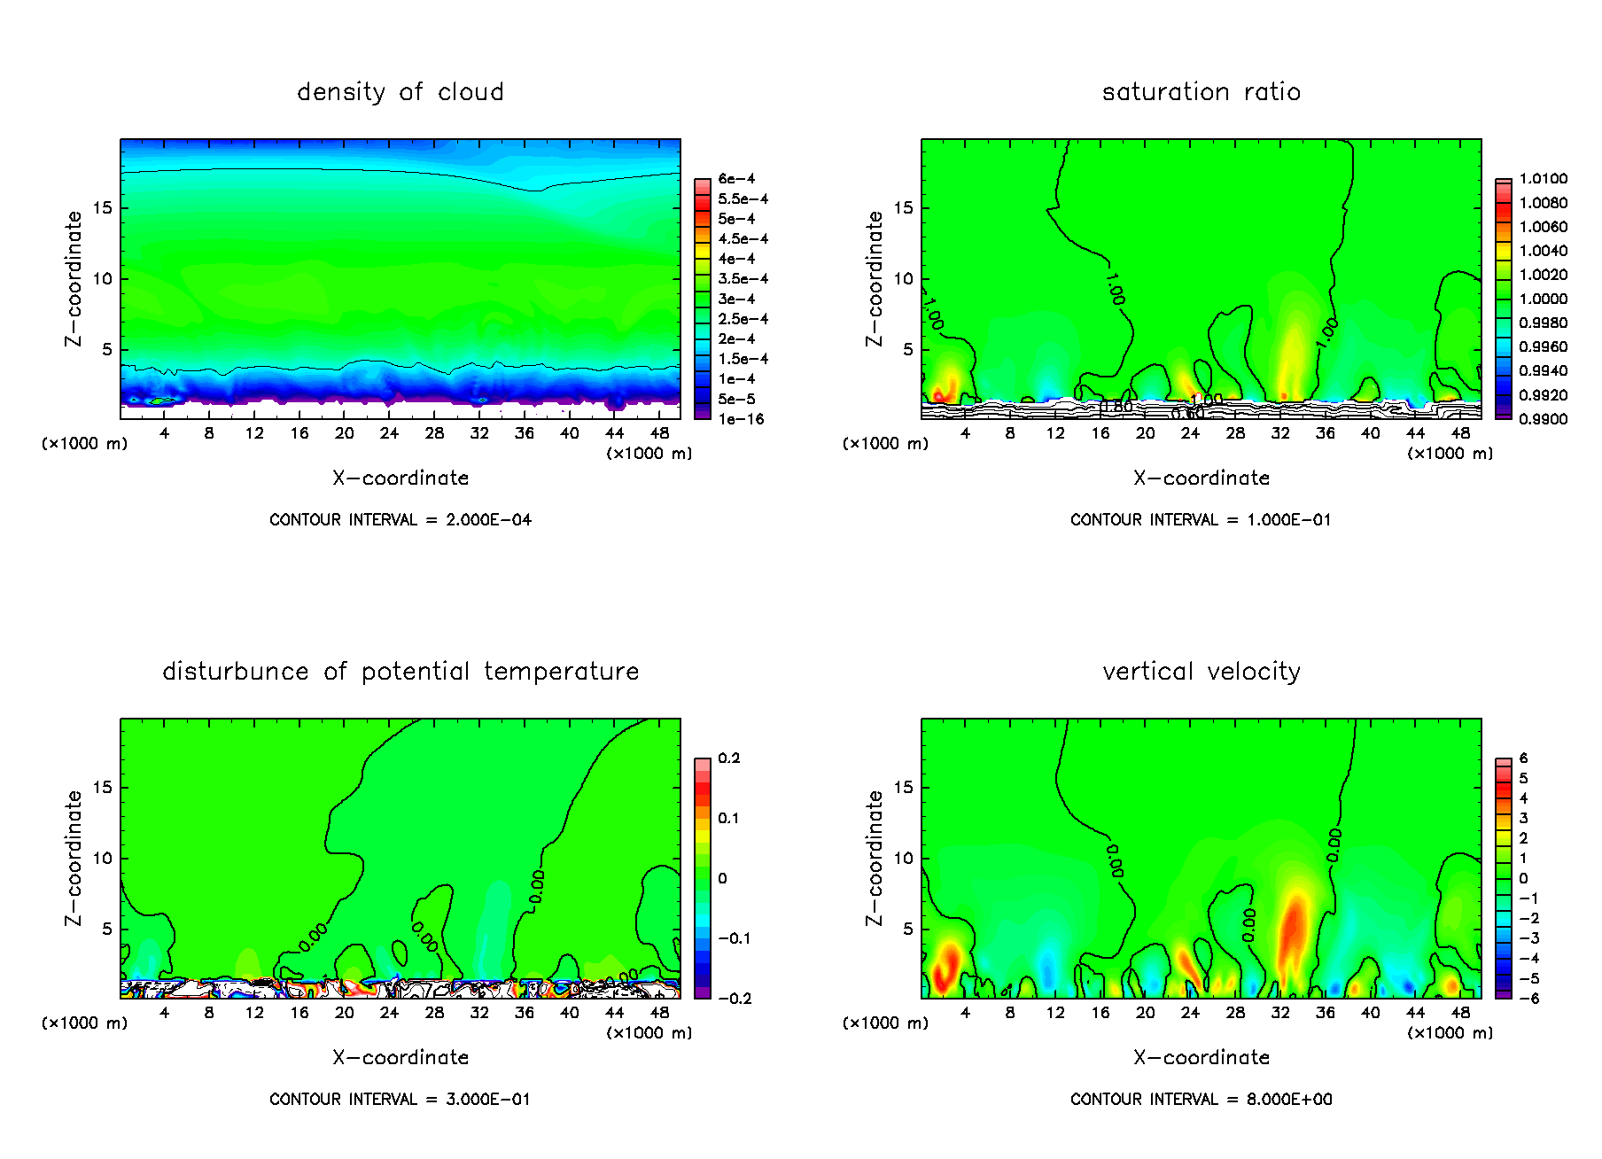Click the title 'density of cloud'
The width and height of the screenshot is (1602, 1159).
point(400,92)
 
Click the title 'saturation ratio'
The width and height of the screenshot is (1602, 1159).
point(1201,92)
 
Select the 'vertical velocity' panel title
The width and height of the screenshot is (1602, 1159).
point(1201,672)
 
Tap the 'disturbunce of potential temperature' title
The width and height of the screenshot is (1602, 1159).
point(400,672)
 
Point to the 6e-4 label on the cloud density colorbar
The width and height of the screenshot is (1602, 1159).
point(736,179)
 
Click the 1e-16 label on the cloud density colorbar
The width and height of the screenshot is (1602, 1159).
point(741,419)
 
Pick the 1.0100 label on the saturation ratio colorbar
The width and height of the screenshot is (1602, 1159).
point(1543,179)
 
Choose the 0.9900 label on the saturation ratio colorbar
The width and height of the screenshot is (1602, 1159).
point(1543,419)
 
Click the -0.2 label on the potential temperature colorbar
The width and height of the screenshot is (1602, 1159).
point(735,999)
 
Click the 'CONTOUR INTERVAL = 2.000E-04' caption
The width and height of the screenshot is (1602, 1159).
point(400,520)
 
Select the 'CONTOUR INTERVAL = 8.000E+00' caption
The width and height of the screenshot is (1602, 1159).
point(1201,1100)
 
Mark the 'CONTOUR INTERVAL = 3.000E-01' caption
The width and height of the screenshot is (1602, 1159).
point(400,1100)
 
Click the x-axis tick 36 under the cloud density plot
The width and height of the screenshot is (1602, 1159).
point(525,433)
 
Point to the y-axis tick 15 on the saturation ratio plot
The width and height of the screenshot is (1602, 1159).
point(903,208)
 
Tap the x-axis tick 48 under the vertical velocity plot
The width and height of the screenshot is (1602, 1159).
point(1460,1013)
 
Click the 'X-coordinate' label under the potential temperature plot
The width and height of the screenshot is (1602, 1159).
point(400,1058)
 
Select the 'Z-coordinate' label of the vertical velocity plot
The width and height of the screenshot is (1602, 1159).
point(875,858)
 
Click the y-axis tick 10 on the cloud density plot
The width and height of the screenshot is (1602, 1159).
point(103,279)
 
